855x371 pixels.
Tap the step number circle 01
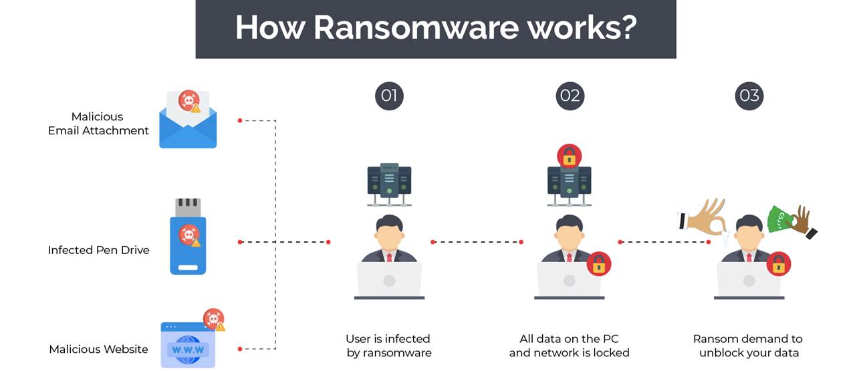(x=388, y=96)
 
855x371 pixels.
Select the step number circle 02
(x=570, y=96)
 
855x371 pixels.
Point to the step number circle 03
(x=749, y=96)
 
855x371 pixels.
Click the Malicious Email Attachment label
(x=98, y=124)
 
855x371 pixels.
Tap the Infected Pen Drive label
(x=98, y=250)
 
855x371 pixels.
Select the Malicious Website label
(x=98, y=349)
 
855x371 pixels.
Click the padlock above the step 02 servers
(x=569, y=156)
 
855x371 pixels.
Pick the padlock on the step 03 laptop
(x=778, y=265)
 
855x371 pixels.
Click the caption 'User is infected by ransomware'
(x=388, y=346)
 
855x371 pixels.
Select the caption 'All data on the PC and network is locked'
(x=569, y=346)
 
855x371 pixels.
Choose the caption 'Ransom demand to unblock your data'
(x=749, y=346)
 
